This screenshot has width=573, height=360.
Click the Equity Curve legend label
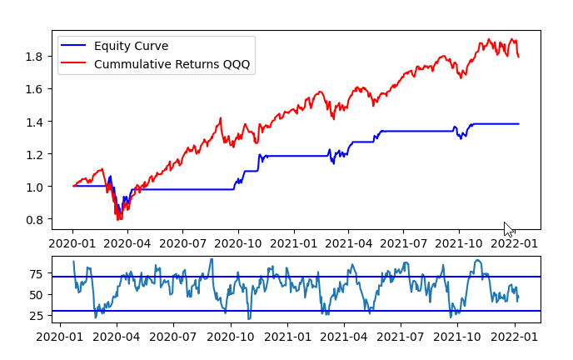130,45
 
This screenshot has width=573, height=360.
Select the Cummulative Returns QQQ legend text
172,63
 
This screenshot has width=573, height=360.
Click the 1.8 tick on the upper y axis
36,57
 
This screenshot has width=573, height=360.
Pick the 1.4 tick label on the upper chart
36,122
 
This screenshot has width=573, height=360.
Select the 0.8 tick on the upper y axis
36,220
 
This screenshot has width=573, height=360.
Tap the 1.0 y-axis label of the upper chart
36,187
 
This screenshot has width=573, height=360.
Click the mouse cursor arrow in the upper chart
508,228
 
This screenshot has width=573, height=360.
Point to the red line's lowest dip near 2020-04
118,218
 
